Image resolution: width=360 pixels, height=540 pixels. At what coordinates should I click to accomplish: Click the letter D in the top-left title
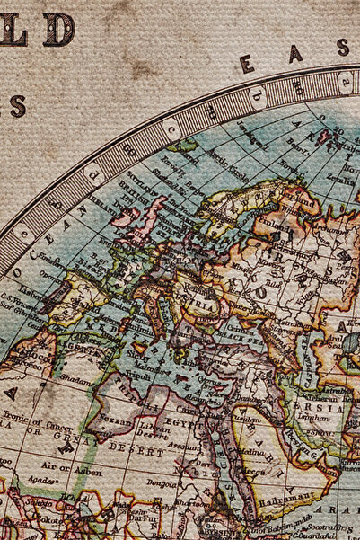[x=58, y=30]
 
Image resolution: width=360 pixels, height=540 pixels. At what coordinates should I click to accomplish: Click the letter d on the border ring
[x=93, y=172]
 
